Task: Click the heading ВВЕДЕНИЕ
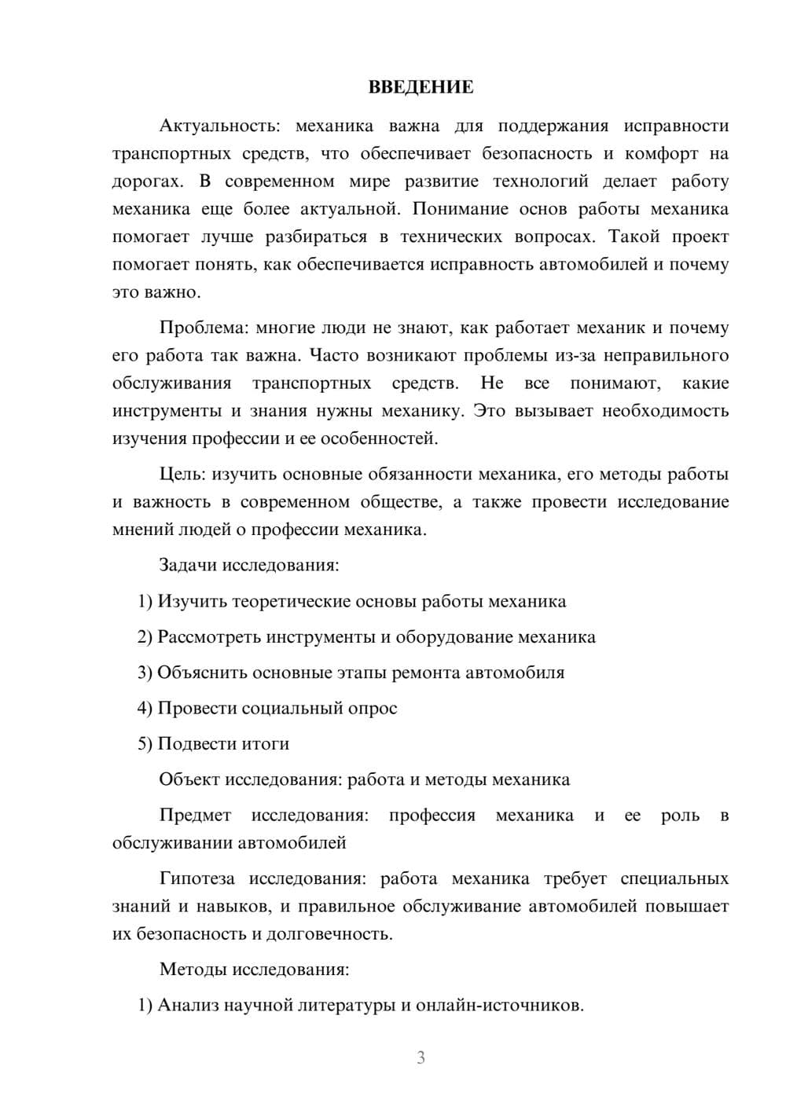pos(421,87)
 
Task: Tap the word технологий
pos(540,181)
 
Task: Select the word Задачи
pos(188,565)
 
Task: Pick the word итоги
pos(263,743)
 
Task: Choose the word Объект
pos(189,779)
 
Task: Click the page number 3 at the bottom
pos(421,1058)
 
